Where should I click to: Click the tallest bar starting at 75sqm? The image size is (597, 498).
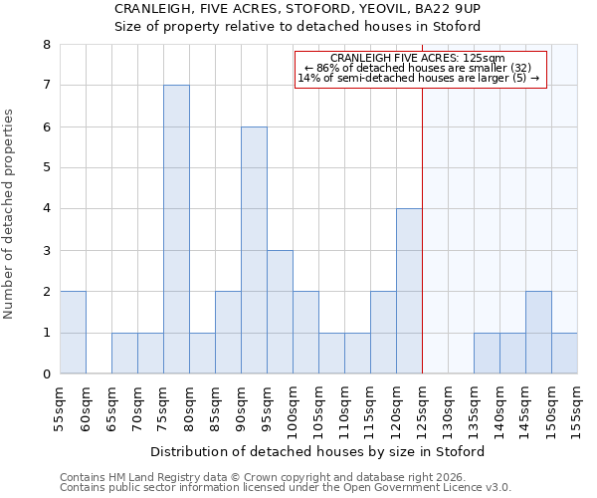click(176, 229)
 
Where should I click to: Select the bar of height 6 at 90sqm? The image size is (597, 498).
click(254, 250)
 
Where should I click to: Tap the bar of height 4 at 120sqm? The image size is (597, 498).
click(409, 291)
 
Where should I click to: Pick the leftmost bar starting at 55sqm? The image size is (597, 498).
click(73, 333)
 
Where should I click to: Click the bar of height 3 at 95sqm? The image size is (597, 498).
click(280, 312)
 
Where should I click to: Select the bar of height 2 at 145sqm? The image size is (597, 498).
click(538, 333)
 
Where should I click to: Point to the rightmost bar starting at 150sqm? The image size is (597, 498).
click(564, 354)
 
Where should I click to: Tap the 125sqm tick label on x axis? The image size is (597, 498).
click(422, 408)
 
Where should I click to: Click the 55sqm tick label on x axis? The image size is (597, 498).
click(60, 408)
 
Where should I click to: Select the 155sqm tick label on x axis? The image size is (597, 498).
click(577, 408)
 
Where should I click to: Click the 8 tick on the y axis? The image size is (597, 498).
click(46, 44)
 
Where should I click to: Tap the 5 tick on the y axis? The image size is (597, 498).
click(46, 167)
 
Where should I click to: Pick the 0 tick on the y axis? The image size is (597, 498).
click(46, 374)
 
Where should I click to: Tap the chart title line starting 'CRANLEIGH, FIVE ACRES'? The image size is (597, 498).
click(298, 8)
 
